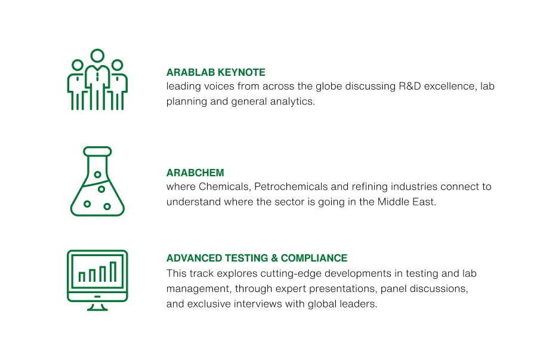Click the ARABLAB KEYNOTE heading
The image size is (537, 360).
pos(216,72)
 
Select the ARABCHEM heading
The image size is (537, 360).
pos(195,173)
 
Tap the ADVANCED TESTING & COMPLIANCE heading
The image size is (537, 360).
pos(257,258)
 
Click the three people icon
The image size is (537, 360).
pos(98,79)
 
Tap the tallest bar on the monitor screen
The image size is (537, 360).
pos(113,272)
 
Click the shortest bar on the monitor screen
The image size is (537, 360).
pos(82,277)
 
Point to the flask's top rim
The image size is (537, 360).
pos(98,152)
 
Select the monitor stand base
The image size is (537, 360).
pos(98,309)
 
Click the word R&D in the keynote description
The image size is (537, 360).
pos(410,86)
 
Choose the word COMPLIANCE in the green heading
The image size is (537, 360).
pos(314,258)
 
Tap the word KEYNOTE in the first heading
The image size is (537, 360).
pos(242,72)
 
